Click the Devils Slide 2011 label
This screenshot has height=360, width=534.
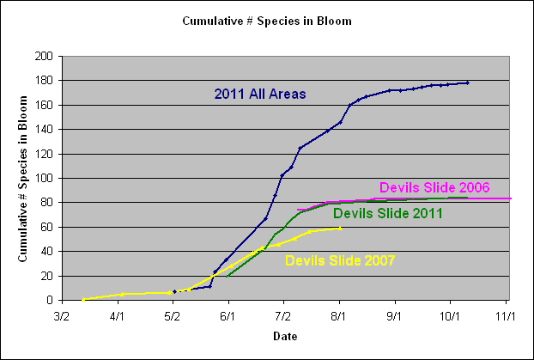(388, 213)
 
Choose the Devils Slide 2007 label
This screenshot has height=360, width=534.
(339, 260)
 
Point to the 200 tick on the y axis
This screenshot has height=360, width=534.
(44, 56)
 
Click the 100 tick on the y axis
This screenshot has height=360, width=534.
(44, 178)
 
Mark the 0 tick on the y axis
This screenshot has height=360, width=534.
(50, 301)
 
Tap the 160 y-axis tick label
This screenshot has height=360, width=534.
(44, 105)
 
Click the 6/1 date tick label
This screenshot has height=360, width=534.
(228, 315)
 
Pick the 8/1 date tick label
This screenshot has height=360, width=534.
(339, 315)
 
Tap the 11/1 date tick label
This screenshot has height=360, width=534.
(506, 315)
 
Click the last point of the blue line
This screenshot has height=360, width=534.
(467, 82)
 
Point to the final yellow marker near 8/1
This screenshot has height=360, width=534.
(340, 229)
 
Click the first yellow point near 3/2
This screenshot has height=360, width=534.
(83, 300)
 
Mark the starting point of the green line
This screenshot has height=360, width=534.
(227, 276)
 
